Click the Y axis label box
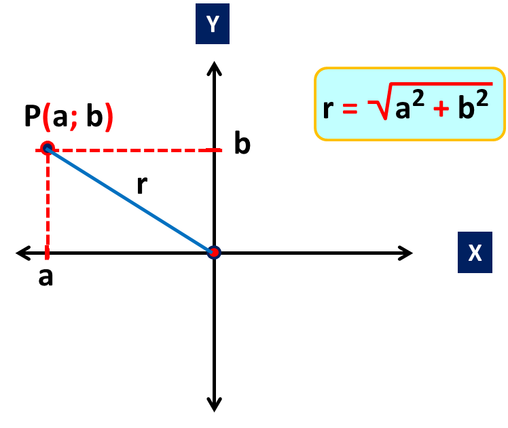[213, 24]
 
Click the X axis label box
[475, 253]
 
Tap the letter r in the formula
[328, 109]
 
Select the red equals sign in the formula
[350, 108]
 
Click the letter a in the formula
[403, 109]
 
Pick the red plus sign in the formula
[441, 109]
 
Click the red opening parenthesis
[47, 118]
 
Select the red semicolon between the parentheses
[73, 120]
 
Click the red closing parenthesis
[109, 118]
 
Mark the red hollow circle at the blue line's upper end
[47, 148]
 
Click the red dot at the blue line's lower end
[214, 253]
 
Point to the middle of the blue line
[130, 200]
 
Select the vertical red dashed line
[47, 197]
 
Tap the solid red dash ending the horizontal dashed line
[214, 149]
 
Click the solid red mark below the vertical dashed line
[47, 253]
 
